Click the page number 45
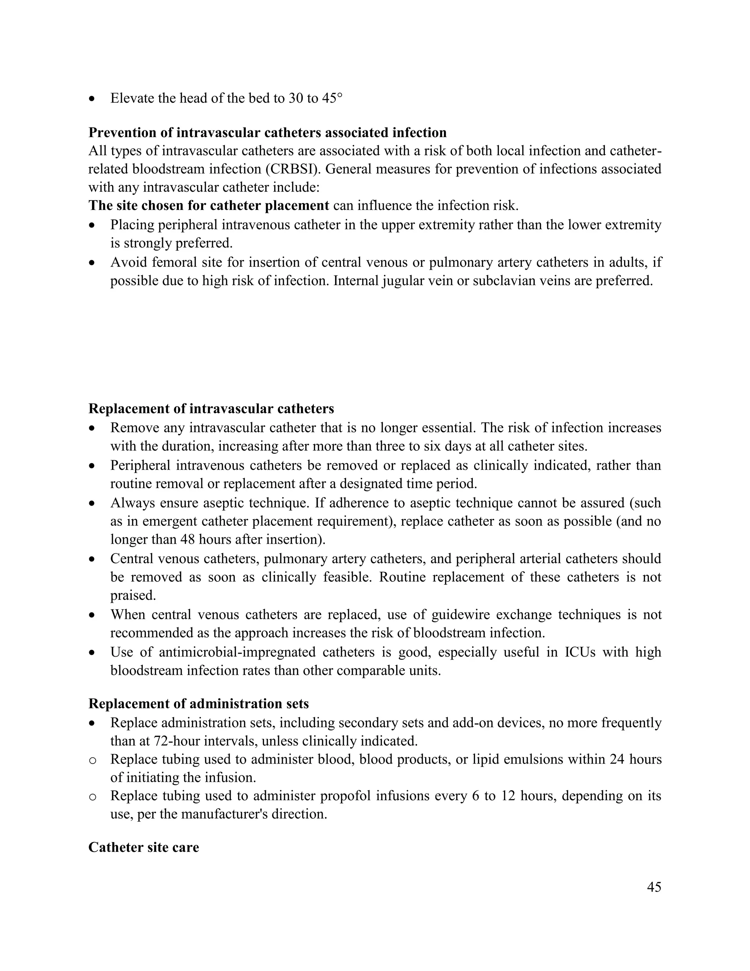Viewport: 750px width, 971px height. click(x=654, y=887)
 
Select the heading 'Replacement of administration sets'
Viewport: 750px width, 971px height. click(x=198, y=704)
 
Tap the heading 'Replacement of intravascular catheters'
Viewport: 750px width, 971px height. click(x=211, y=409)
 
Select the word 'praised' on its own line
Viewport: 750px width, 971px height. click(x=132, y=595)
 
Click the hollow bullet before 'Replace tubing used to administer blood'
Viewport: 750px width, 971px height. click(x=92, y=760)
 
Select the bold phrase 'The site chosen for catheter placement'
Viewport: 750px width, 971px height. click(x=209, y=206)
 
